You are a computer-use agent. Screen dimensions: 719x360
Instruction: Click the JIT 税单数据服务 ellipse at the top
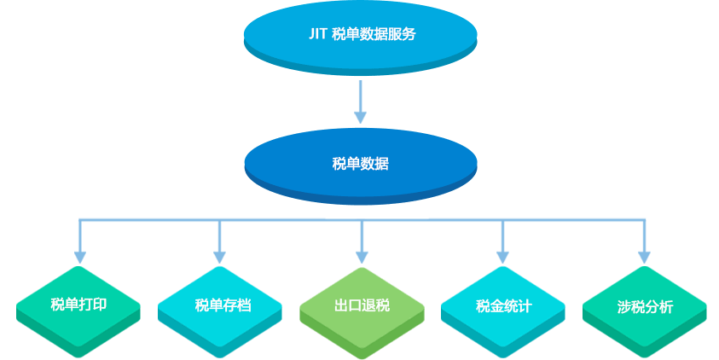[x=361, y=38]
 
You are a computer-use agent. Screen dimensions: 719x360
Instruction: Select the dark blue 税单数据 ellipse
[x=361, y=166]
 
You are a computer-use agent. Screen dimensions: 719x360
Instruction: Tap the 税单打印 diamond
[x=78, y=311]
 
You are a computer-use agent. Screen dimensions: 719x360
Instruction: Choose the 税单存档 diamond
[x=220, y=311]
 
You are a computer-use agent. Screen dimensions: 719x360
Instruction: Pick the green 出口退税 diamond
[x=362, y=312]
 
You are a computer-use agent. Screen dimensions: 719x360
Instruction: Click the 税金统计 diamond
[x=503, y=311]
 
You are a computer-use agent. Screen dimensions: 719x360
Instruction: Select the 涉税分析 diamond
[x=644, y=311]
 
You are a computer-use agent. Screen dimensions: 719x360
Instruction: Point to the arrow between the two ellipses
[x=361, y=102]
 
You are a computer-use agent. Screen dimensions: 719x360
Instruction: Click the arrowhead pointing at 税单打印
[x=80, y=258]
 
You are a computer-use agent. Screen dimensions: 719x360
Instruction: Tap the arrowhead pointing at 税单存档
[x=220, y=258]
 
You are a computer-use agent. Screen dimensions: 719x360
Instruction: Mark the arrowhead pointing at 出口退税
[x=362, y=258]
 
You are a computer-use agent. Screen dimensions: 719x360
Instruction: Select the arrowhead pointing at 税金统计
[x=503, y=258]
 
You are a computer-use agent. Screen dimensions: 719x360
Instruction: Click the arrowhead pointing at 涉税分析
[x=644, y=258]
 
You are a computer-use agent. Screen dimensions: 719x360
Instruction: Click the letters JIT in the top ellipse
[x=317, y=34]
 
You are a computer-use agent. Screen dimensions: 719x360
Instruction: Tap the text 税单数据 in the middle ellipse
[x=361, y=163]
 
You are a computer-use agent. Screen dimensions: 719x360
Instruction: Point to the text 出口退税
[x=362, y=305]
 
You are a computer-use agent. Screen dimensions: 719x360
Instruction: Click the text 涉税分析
[x=645, y=307]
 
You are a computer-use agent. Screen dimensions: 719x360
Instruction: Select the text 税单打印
[x=78, y=304]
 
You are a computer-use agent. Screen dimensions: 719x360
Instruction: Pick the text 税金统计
[x=503, y=306]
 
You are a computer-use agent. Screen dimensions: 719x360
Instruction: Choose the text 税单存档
[x=223, y=305]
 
